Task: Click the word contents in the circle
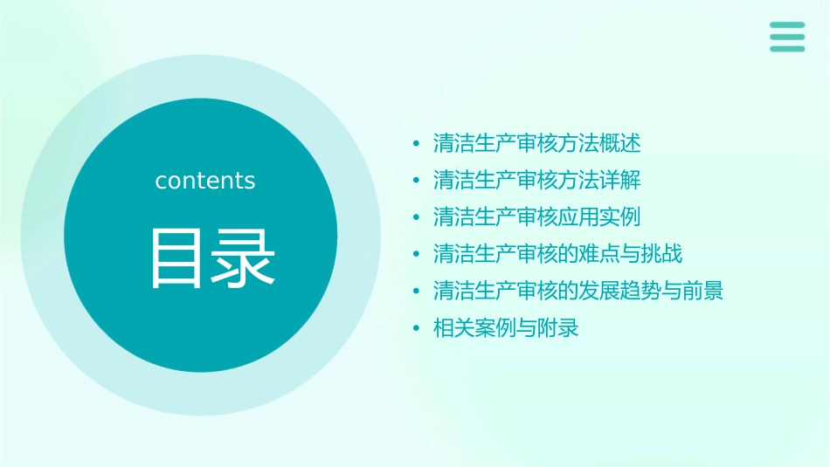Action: tap(205, 181)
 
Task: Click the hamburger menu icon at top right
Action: tap(787, 37)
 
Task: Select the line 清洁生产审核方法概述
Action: tap(537, 143)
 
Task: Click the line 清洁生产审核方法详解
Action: tap(537, 181)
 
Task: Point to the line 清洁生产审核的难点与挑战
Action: tap(557, 255)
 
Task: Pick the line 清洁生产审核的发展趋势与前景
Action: tap(578, 292)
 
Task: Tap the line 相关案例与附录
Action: tap(506, 329)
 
